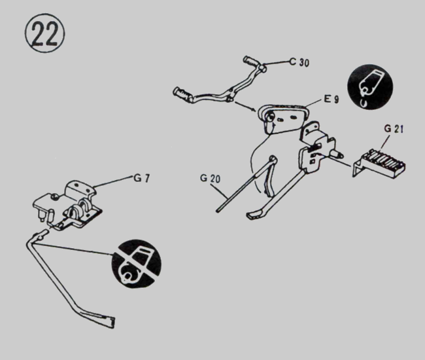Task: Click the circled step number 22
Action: (x=43, y=35)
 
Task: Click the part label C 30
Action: (x=300, y=63)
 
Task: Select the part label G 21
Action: (x=394, y=128)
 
